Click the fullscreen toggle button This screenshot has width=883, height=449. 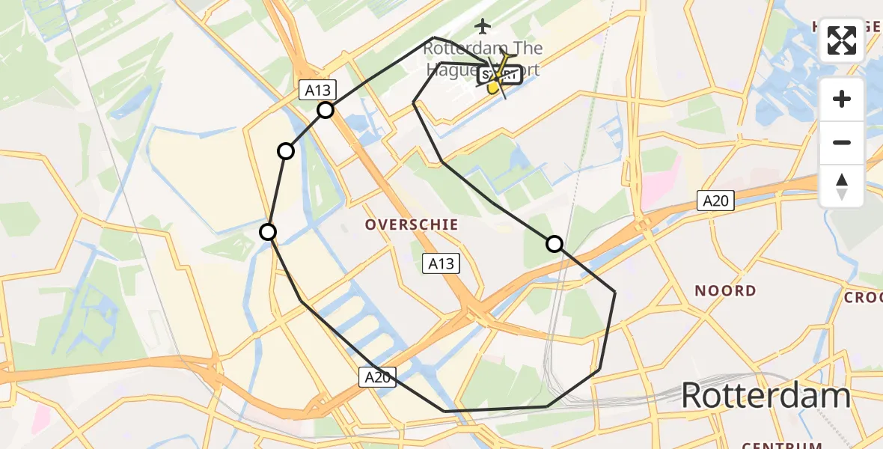[x=842, y=40]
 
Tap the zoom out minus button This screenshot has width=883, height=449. [x=842, y=142]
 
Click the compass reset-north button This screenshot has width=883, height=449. [x=842, y=186]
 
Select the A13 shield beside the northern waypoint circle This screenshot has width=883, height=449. [x=317, y=91]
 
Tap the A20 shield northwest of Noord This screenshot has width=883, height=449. [x=716, y=201]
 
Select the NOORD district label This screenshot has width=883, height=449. [x=724, y=290]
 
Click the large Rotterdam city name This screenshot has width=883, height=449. [x=766, y=395]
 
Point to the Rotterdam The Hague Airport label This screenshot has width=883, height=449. [x=483, y=58]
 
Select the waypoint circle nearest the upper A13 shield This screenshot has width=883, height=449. [x=326, y=111]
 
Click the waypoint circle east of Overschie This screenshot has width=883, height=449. [x=554, y=244]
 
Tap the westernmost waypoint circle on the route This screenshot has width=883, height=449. [x=268, y=232]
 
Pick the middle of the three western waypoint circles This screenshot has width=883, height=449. [x=286, y=152]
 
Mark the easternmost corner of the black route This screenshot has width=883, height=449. [x=615, y=292]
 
